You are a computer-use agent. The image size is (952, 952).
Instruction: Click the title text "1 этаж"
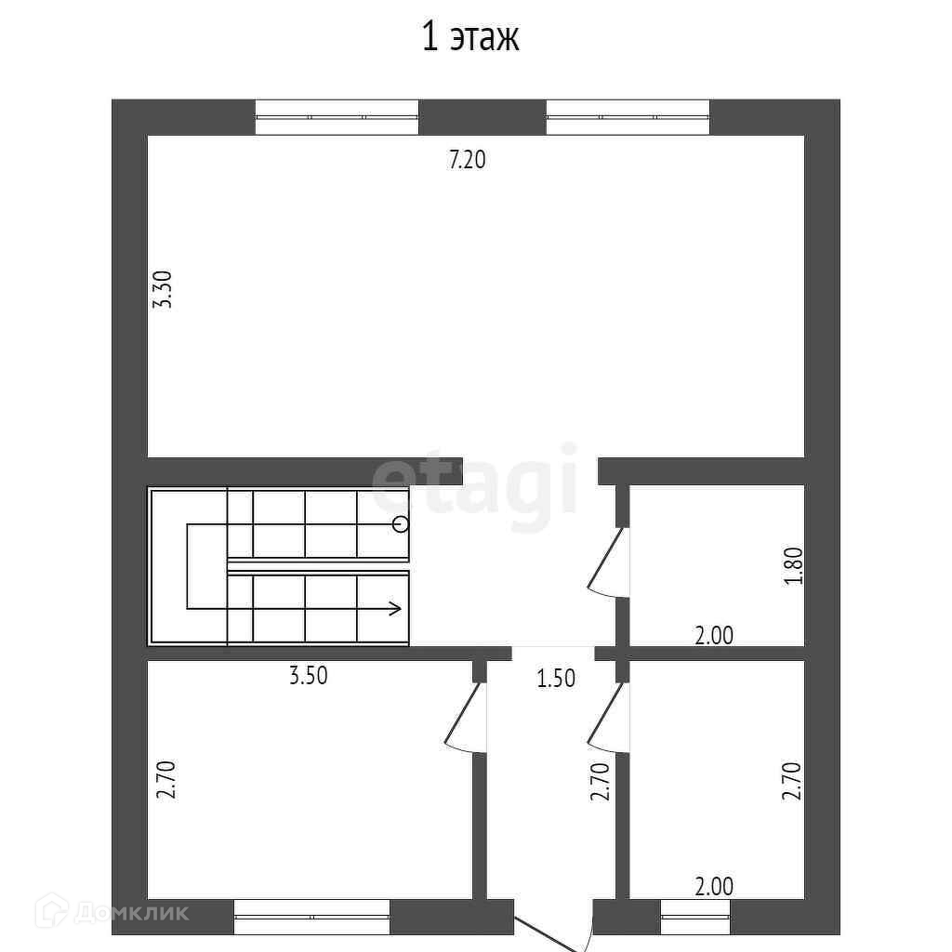(470, 38)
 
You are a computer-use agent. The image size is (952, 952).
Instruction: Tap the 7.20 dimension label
(467, 160)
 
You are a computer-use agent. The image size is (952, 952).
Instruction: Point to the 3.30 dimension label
(163, 290)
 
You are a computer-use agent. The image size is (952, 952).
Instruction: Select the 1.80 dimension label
(794, 566)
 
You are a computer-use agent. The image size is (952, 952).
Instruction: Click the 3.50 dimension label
(309, 676)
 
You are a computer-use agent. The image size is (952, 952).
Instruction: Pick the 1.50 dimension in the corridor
(556, 678)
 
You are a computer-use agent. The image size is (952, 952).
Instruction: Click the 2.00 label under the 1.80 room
(715, 636)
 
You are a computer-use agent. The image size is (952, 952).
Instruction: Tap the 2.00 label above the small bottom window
(715, 887)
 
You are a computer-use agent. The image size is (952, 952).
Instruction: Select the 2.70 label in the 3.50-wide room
(165, 780)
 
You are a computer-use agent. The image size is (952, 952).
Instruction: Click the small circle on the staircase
(401, 524)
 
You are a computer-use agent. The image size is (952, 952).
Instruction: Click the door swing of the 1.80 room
(608, 561)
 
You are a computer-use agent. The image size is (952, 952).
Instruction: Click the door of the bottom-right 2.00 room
(608, 717)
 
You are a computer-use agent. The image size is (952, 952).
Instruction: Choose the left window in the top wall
(337, 117)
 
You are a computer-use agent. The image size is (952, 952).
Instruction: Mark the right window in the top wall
(628, 117)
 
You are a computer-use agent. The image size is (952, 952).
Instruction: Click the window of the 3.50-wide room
(312, 917)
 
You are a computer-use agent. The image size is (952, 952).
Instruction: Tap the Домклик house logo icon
(52, 910)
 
